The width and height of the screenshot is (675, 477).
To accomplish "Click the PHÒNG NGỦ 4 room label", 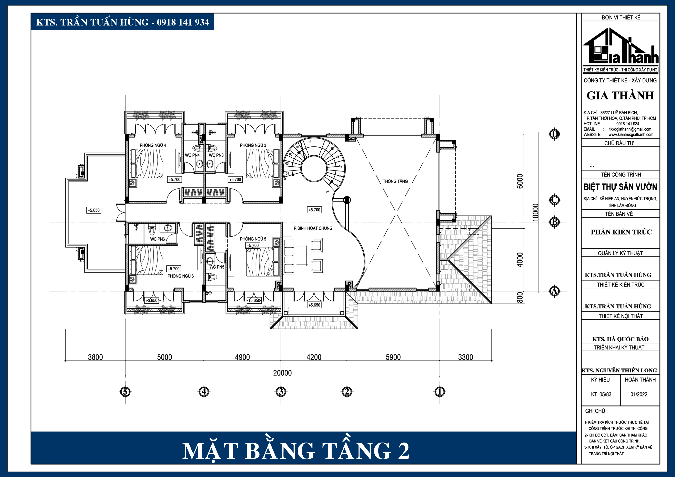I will tap(153, 145).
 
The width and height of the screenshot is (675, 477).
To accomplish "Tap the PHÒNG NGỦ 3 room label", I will tap(253, 145).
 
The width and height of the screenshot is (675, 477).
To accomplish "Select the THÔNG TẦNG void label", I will tap(395, 181).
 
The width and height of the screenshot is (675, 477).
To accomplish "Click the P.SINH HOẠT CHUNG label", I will tap(313, 228).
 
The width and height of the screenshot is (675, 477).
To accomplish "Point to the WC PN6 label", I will tap(157, 239).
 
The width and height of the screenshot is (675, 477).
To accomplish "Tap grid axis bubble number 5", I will tap(125, 392).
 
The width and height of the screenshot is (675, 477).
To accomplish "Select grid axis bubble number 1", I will tap(440, 392).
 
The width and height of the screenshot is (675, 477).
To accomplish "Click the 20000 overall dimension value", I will tap(282, 373).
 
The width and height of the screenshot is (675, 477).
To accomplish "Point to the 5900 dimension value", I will tap(393, 357).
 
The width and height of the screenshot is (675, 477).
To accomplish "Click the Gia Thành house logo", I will tap(620, 47).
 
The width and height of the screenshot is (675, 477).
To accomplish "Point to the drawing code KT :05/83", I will tap(601, 394).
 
